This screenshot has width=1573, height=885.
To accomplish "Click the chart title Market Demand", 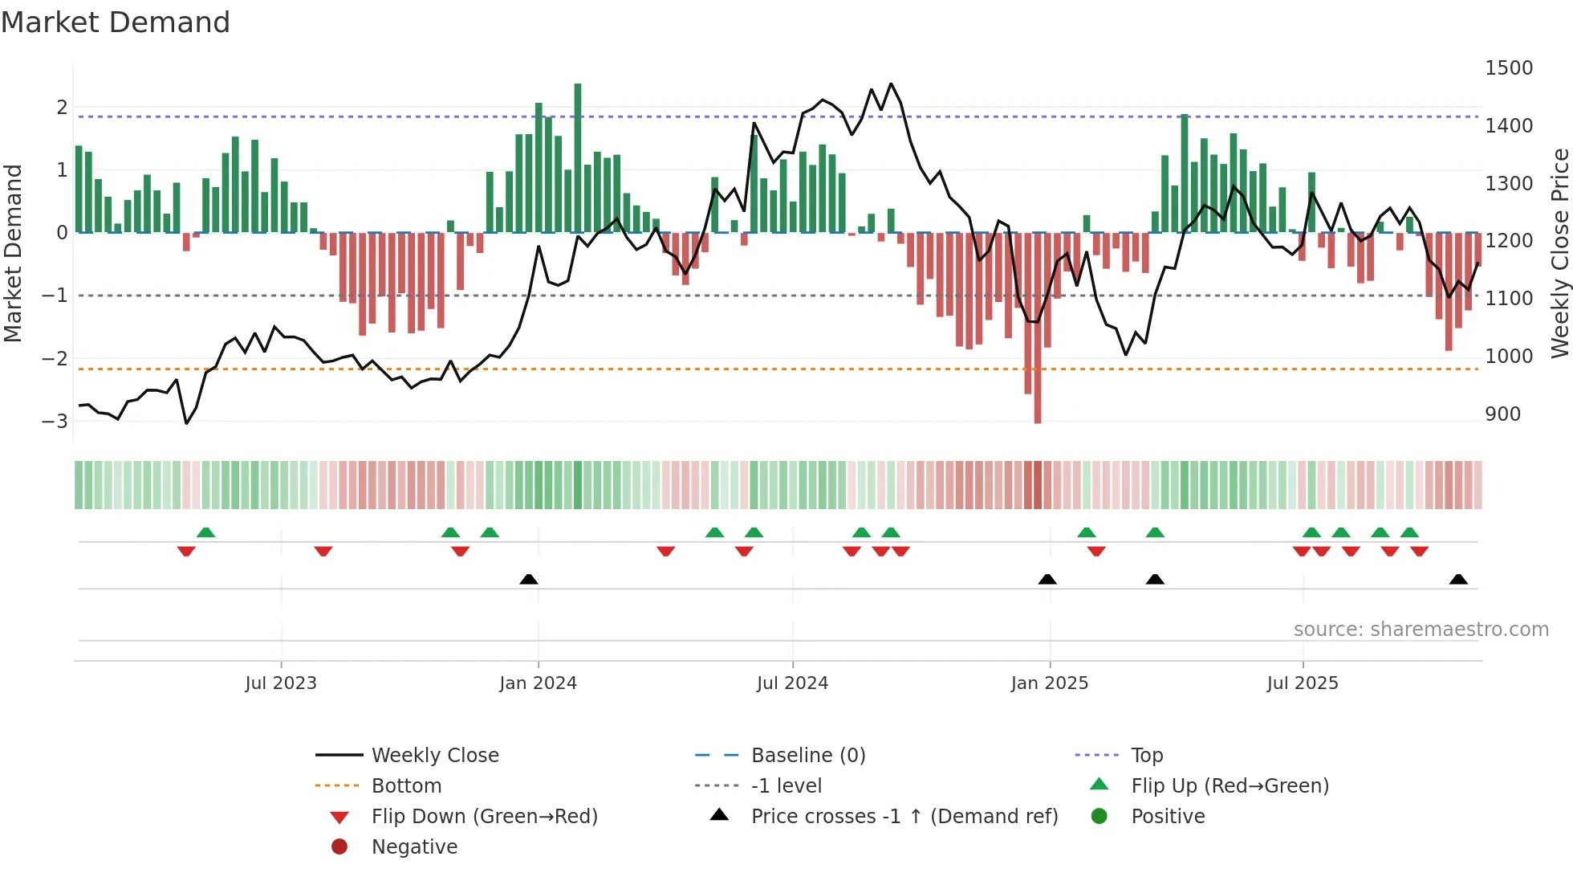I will pyautogui.click(x=116, y=22).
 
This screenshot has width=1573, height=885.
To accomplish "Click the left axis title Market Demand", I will pyautogui.click(x=14, y=253).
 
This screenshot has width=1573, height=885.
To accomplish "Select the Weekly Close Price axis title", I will pyautogui.click(x=1559, y=253).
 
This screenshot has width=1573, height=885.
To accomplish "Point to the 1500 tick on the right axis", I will pyautogui.click(x=1508, y=68).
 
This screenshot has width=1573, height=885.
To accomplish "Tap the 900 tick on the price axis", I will pyautogui.click(x=1502, y=414).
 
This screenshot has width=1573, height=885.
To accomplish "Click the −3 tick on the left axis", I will pyautogui.click(x=55, y=421).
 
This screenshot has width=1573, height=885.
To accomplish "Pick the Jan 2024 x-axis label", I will pyautogui.click(x=538, y=683).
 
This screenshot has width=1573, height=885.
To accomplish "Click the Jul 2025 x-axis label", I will pyautogui.click(x=1303, y=683).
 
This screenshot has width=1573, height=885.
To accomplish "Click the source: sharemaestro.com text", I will pyautogui.click(x=1421, y=630).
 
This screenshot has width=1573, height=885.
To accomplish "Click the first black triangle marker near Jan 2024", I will pyautogui.click(x=529, y=579).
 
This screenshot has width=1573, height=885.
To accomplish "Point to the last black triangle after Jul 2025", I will pyautogui.click(x=1458, y=579).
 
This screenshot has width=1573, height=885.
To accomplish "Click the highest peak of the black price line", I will pyautogui.click(x=891, y=84).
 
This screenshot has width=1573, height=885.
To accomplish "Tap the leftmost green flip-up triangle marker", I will pyautogui.click(x=206, y=532).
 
